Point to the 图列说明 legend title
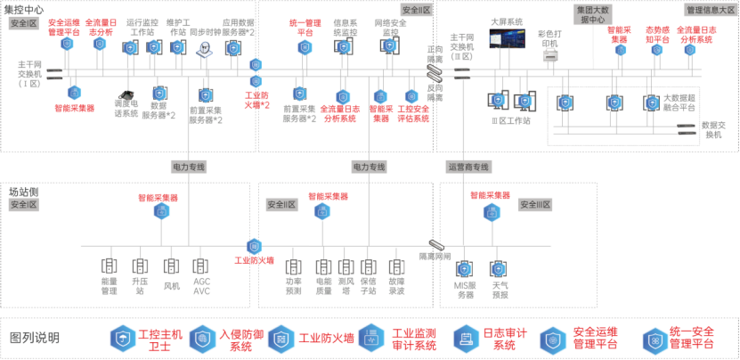coord(35,338)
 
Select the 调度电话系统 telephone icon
coord(126,95)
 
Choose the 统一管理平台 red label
coord(305,26)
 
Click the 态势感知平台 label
coord(657,35)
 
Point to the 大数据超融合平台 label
coord(679,102)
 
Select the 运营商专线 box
coord(469,167)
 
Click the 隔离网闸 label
coord(435,256)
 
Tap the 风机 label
coord(172,286)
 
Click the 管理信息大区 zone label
coord(709,9)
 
